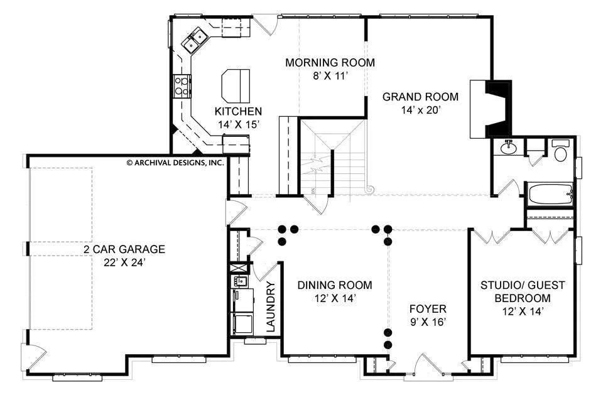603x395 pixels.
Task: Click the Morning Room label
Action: point(330,62)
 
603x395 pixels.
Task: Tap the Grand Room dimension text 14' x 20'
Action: point(420,111)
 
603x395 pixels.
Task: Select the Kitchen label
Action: point(238,112)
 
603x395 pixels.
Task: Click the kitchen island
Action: point(236,86)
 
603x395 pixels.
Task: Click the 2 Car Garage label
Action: point(124,249)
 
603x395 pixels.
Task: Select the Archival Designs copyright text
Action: point(175,163)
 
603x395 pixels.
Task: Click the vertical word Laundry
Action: point(271,306)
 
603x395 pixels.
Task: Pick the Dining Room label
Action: point(335,285)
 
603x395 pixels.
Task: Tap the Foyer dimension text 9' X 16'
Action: point(428,322)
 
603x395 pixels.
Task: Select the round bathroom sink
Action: point(509,147)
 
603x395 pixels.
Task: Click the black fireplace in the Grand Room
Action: point(499,109)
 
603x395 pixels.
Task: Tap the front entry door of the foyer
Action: point(428,365)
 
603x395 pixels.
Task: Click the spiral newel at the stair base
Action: point(370,189)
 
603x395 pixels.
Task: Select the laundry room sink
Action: point(240,281)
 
